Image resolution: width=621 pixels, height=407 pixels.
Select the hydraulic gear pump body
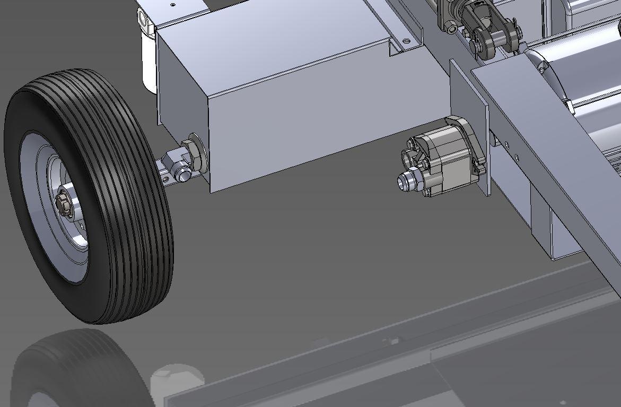coord(445,159)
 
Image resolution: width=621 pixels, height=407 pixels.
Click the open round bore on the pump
coord(413,144)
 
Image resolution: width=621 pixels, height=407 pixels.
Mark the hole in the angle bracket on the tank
coord(406,40)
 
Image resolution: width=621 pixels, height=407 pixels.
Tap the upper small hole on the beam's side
coord(508,143)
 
